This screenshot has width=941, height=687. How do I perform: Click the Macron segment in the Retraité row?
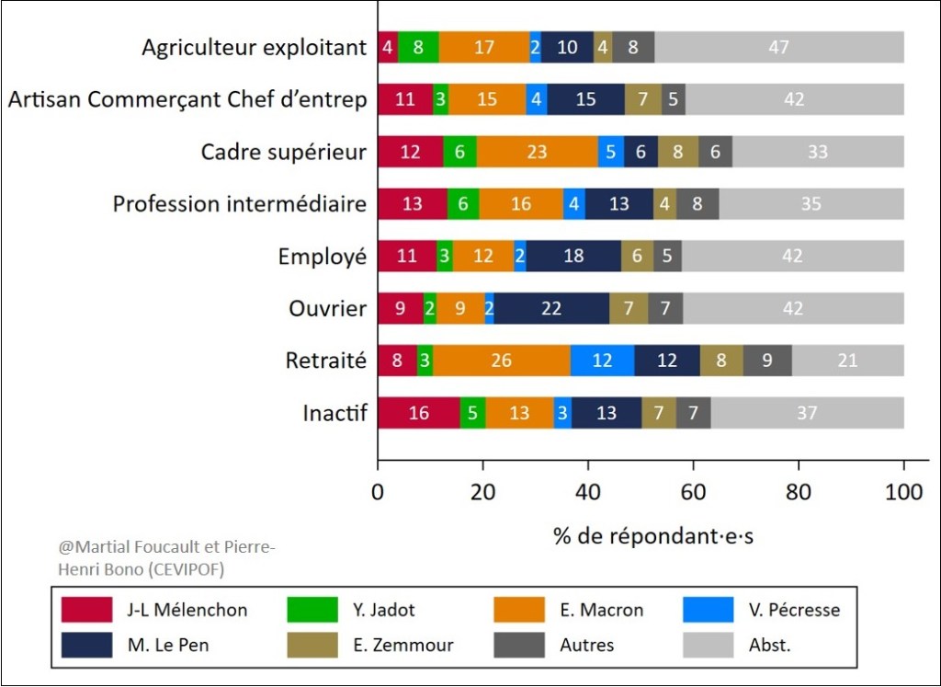pos(501,361)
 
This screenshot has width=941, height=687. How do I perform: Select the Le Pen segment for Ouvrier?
pos(551,309)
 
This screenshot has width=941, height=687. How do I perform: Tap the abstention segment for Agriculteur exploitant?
pos(778,47)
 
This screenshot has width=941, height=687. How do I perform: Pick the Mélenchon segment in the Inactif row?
pos(418,413)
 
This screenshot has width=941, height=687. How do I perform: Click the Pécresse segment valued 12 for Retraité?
pos(602,361)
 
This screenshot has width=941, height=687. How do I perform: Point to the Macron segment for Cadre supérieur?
pos(537,152)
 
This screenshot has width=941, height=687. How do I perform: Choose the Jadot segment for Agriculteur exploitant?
pos(418,47)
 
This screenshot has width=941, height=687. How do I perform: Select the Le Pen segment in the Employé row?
pos(573,257)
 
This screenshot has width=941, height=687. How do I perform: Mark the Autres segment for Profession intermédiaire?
pos(697,204)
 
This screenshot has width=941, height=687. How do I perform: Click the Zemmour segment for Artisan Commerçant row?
pos(643,99)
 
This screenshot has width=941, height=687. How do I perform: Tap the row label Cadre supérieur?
pos(284,152)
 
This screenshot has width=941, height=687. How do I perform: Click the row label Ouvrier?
pos(328,309)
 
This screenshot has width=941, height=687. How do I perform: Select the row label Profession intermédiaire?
pos(240,204)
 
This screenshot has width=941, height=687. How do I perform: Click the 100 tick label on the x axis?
pos(903,491)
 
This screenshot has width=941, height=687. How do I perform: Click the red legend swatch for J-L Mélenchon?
pos(86,610)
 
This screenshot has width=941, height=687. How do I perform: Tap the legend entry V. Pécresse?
pos(791,610)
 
